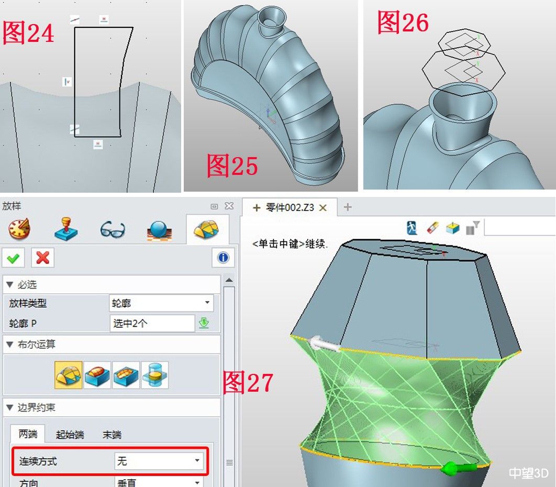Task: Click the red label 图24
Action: click(x=28, y=33)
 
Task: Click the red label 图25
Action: click(x=232, y=165)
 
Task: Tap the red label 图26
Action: click(x=403, y=23)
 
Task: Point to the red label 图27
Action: click(x=248, y=382)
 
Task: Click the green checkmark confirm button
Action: click(x=14, y=258)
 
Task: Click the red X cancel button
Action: click(x=43, y=258)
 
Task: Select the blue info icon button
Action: click(x=223, y=258)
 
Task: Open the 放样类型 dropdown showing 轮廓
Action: click(x=161, y=303)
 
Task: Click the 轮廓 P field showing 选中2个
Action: click(x=152, y=323)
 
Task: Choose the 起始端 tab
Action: click(x=70, y=435)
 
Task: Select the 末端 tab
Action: click(x=112, y=435)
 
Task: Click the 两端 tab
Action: click(x=28, y=435)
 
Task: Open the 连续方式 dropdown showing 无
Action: click(x=159, y=461)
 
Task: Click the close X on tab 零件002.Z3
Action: click(x=323, y=208)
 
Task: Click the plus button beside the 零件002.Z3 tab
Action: click(x=348, y=207)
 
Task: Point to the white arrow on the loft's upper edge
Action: click(x=325, y=344)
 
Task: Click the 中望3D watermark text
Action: click(x=528, y=473)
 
